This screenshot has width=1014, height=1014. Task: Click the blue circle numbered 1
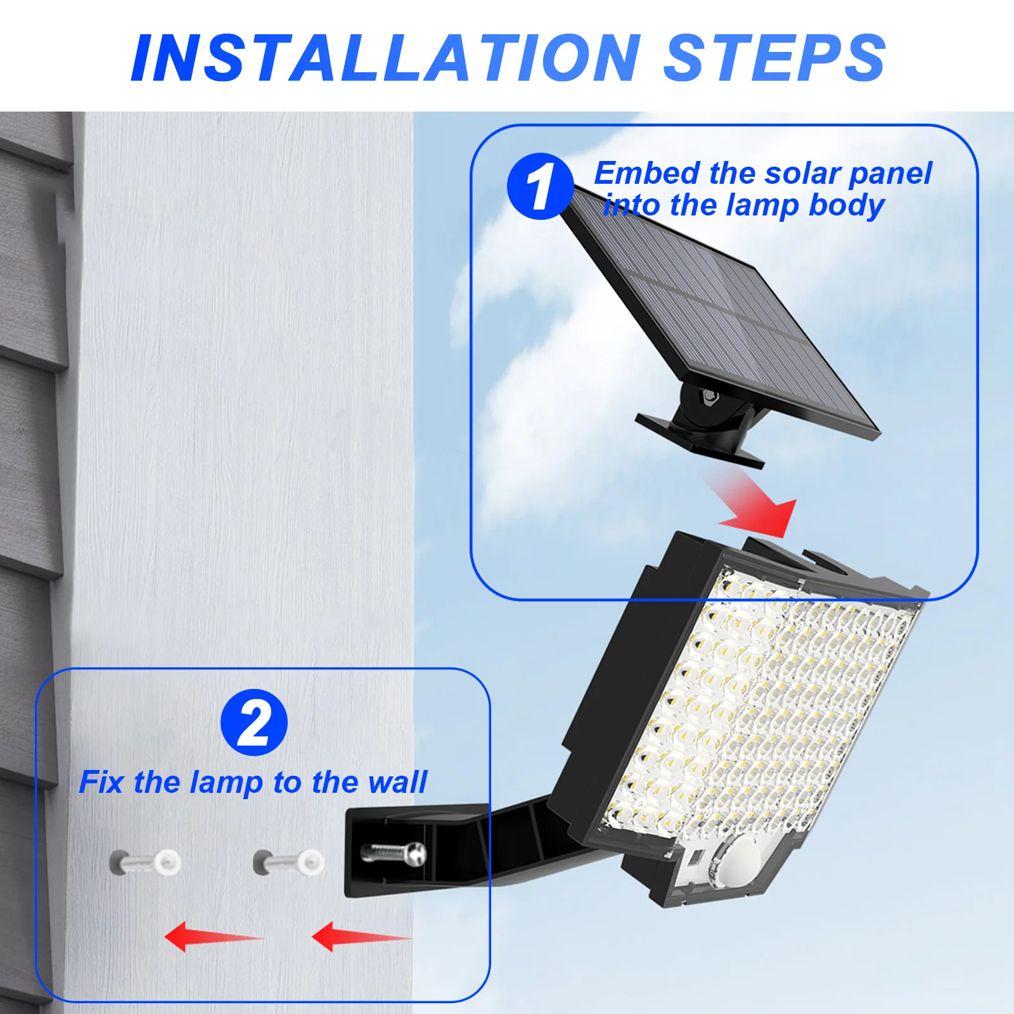tap(540, 186)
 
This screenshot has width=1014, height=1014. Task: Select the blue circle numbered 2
tap(254, 722)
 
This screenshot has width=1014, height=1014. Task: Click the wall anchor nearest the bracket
tap(290, 862)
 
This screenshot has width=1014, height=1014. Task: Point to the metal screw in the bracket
tap(393, 853)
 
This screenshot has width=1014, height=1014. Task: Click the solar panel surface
tap(722, 317)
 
